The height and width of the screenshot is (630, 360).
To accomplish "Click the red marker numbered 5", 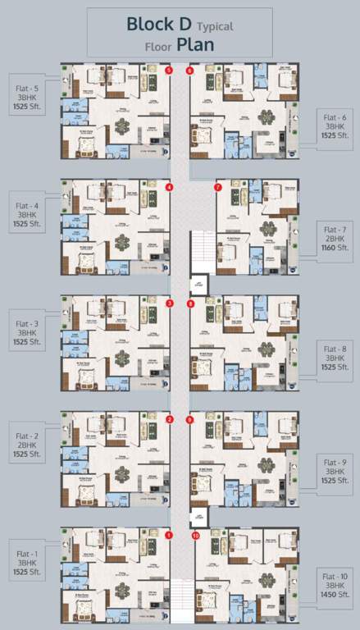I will tap(169, 71).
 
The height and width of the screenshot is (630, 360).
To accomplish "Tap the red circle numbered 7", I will tap(217, 187).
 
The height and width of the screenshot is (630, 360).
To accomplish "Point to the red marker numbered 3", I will tap(169, 304).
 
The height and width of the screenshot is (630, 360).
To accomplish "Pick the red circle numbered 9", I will tap(190, 420).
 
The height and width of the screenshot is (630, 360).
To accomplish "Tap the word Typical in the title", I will tap(216, 26).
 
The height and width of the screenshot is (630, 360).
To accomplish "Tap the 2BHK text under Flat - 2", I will tap(28, 447).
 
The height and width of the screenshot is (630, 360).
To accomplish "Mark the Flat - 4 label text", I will tap(28, 205).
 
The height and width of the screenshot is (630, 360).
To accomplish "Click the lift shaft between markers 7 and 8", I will tap(198, 285).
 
